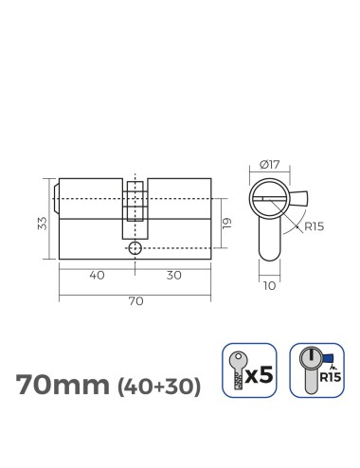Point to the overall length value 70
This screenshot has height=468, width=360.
coord(135,301)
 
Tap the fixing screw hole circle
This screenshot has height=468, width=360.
coord(135,248)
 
